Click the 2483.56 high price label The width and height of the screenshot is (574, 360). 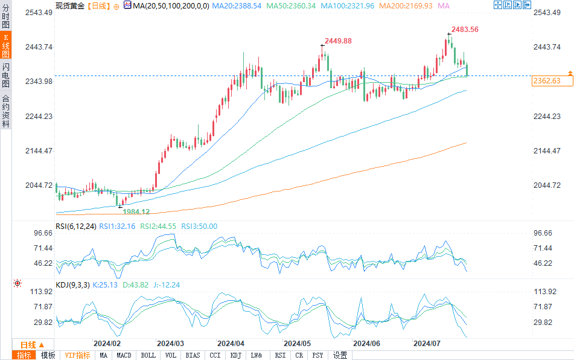click(465, 30)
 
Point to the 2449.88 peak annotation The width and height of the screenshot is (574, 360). click(338, 40)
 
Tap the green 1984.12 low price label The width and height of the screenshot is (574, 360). click(136, 212)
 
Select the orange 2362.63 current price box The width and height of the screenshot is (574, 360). click(547, 81)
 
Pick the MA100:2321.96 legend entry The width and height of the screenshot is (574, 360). click(351, 5)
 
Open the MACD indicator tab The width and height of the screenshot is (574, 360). click(124, 355)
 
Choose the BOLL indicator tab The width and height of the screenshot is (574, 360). click(148, 355)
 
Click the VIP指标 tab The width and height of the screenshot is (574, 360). click(77, 355)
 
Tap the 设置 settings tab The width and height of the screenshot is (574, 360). click(340, 355)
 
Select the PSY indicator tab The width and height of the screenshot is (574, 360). click(318, 355)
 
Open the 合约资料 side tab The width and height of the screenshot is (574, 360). click(5, 111)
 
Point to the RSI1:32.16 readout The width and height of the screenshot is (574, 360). click(113, 227)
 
